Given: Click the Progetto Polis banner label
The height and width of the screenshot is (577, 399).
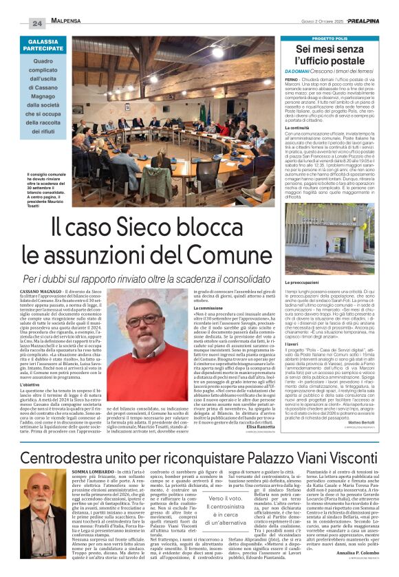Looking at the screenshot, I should pos(332,39).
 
